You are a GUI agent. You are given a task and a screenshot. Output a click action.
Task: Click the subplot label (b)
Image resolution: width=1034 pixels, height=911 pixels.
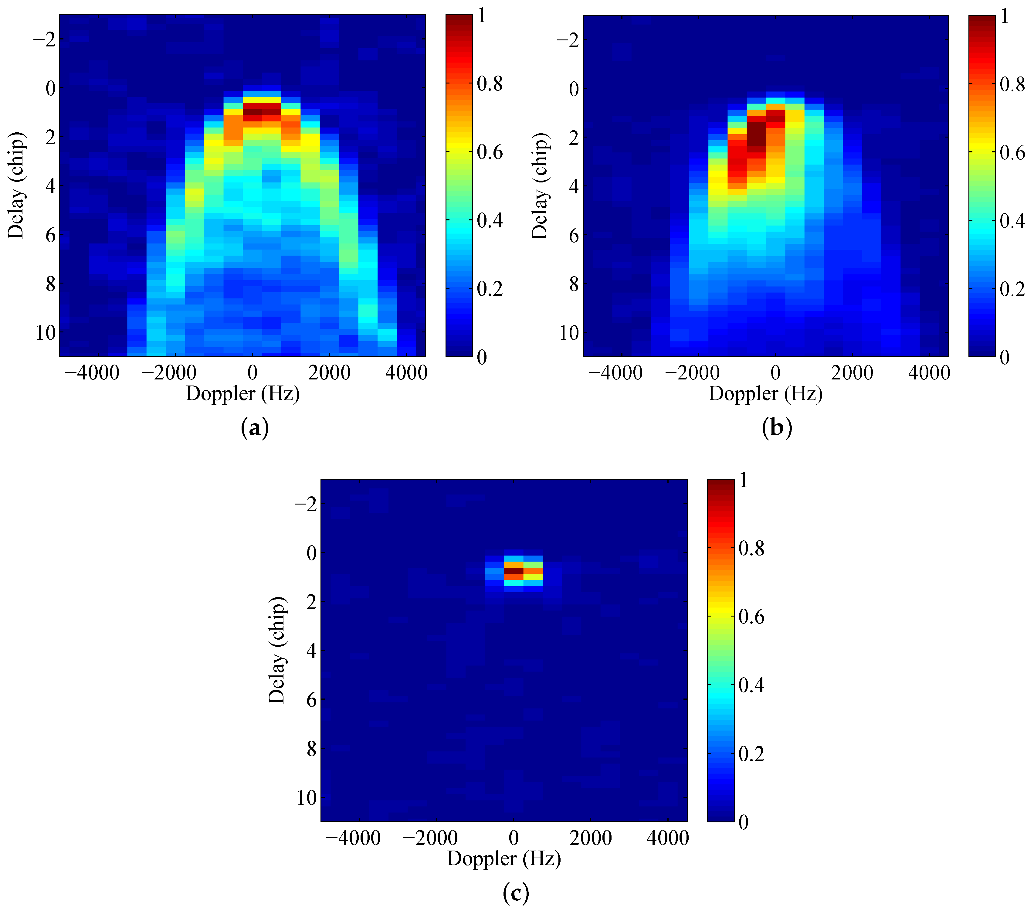click(x=777, y=428)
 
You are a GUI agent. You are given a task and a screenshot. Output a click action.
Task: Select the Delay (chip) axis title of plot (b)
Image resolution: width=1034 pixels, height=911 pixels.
click(x=540, y=186)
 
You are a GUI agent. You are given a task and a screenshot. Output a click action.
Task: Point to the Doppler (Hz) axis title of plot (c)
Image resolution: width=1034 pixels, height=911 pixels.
click(x=504, y=858)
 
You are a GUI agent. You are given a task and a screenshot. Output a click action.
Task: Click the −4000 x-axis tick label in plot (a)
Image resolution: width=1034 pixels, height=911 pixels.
click(x=92, y=373)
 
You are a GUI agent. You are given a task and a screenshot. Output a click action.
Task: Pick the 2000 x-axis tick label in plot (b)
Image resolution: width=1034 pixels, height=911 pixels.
click(x=852, y=373)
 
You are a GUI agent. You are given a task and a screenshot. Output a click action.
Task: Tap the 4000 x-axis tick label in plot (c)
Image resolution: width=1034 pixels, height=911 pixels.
click(x=667, y=838)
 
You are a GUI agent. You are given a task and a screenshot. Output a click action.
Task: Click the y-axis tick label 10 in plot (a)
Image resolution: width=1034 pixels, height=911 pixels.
click(x=46, y=333)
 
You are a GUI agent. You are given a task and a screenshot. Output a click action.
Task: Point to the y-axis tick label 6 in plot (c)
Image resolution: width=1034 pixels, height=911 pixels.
click(x=311, y=700)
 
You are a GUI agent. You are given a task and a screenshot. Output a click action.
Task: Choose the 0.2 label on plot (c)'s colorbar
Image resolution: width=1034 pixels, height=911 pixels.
click(x=751, y=753)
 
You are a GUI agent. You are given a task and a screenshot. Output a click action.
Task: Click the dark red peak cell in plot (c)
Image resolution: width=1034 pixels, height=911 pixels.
click(x=514, y=570)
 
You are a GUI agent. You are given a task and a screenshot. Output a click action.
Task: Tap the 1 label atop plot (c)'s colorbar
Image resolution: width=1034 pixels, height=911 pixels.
click(x=743, y=480)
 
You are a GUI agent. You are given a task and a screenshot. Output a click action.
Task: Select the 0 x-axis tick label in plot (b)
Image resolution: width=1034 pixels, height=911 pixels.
click(x=775, y=373)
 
